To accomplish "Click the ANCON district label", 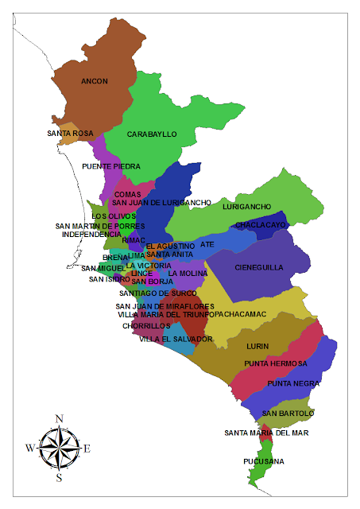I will coord(95,81).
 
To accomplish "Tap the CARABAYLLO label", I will coord(152,134).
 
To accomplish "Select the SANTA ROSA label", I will coord(71,133).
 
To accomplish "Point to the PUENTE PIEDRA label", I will coord(111,166).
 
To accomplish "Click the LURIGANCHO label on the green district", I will coord(247,207).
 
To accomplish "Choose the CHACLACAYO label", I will coord(260,225).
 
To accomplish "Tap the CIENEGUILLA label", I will coord(259,267).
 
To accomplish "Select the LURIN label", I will coord(258,346).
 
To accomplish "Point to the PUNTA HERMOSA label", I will coord(276,363).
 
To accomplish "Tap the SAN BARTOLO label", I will coord(288,414).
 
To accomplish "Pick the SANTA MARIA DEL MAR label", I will coord(266,433).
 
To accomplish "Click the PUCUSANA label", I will coord(264,461).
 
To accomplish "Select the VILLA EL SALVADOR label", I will coord(176,339).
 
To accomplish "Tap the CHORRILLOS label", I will coord(146,325).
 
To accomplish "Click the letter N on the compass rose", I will coord(59,418).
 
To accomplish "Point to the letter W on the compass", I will coord(30,448).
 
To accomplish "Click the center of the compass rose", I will coord(59,448).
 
